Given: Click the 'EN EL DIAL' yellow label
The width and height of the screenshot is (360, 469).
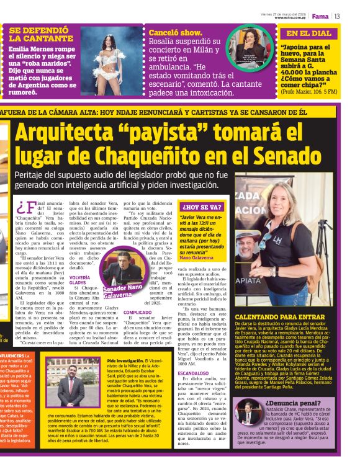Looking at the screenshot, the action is coord(308,33).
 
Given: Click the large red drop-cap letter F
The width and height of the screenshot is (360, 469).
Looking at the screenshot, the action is coord(26,207).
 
